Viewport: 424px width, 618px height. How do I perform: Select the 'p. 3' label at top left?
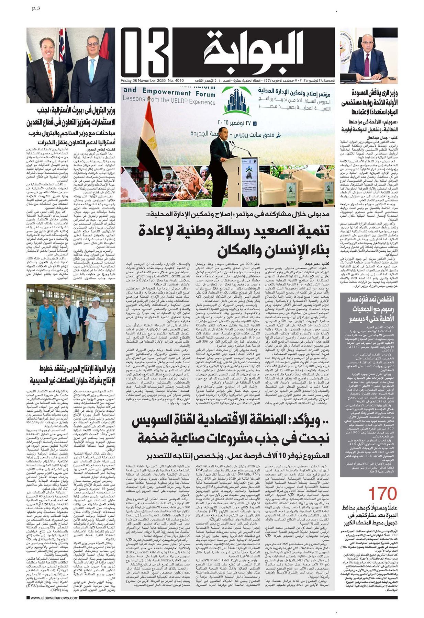(x=35, y=8)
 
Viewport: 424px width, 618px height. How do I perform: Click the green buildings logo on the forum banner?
(x=237, y=100)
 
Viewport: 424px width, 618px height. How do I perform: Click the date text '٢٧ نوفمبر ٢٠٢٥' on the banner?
(x=237, y=122)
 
